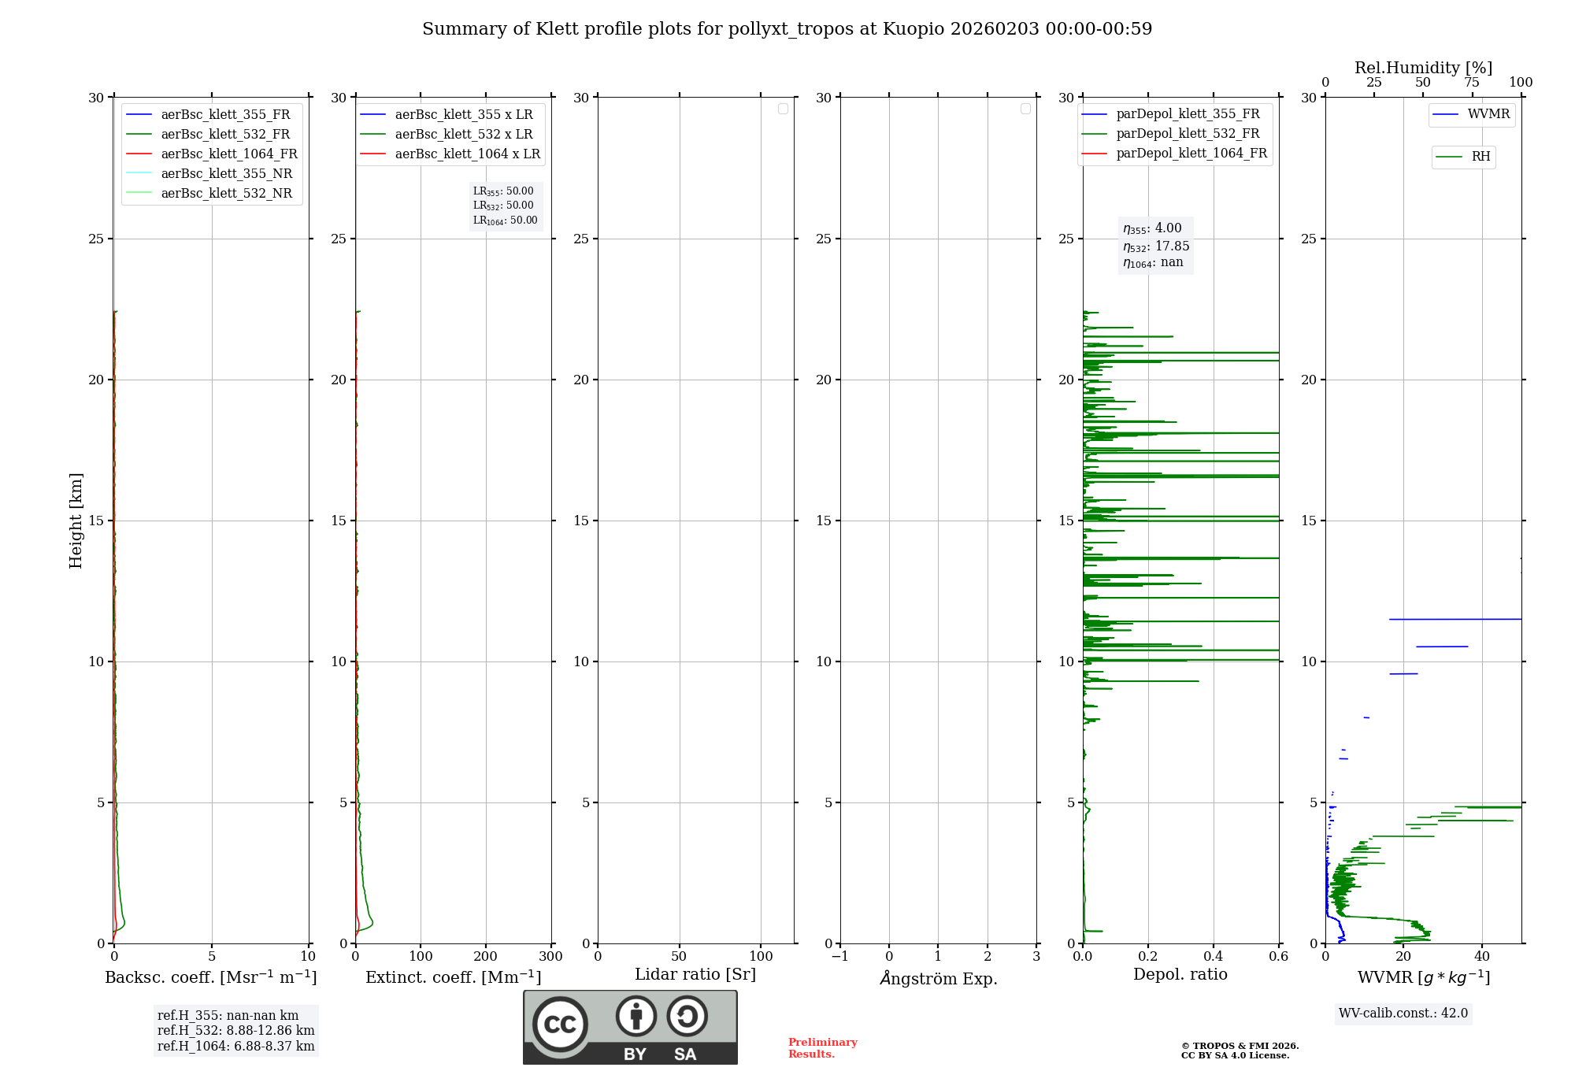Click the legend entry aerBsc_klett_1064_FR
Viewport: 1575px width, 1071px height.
(228, 154)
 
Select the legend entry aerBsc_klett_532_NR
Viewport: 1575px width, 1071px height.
(226, 194)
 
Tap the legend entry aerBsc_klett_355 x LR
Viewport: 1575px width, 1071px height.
(463, 115)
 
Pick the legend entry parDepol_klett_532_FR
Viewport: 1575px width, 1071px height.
(1187, 134)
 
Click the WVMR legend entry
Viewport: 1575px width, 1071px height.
(1488, 114)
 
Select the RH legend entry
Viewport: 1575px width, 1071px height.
(1480, 157)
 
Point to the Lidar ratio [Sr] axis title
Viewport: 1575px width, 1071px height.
(695, 975)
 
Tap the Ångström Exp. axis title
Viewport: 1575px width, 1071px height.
(938, 979)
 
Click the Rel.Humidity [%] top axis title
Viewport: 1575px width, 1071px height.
(1423, 68)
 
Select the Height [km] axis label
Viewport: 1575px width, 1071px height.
(76, 520)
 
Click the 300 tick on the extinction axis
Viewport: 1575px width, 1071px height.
(550, 957)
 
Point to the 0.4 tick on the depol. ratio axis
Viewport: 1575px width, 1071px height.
(1213, 957)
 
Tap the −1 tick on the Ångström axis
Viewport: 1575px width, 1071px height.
(839, 957)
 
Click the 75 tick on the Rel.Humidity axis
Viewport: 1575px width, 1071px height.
(1471, 83)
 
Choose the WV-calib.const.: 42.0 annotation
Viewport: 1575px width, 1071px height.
(1403, 1014)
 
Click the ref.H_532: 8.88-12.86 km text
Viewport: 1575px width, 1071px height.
(235, 1031)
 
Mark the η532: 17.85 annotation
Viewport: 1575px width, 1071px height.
(1155, 246)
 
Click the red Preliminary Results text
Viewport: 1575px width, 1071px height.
(822, 1048)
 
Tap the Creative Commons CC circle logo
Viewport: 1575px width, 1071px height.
(560, 1025)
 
